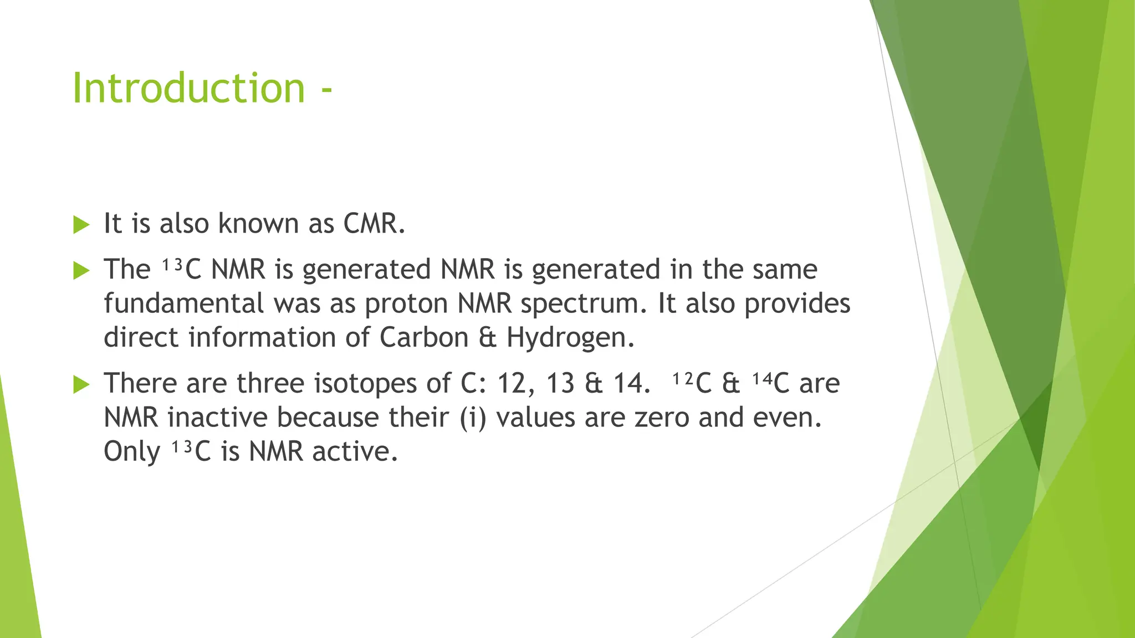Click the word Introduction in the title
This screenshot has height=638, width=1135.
[x=188, y=88]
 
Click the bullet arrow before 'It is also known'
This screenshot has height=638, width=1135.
[x=81, y=225]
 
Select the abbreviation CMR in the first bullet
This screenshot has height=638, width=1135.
[x=374, y=224]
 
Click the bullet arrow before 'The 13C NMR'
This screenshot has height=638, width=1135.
[x=81, y=270]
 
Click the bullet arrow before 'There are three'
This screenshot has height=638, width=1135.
[x=81, y=384]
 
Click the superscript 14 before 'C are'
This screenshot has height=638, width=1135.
[x=762, y=379]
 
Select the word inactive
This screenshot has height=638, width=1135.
[x=218, y=418]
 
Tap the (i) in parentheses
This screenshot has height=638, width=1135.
[x=473, y=418]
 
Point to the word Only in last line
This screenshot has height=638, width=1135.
[x=132, y=452]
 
